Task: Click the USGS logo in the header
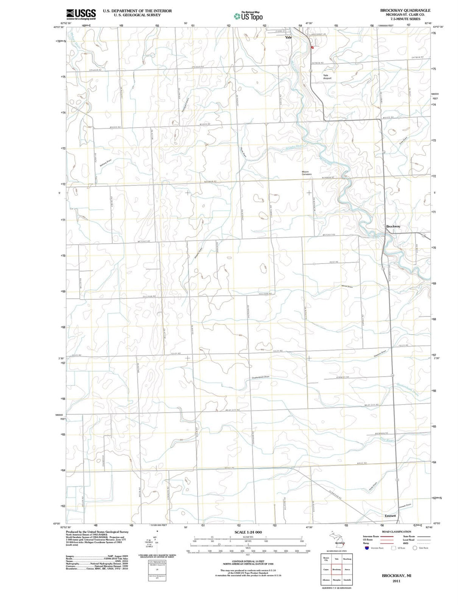point(81,14)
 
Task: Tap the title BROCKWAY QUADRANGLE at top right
point(405,10)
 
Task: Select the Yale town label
point(288,37)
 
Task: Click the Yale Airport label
point(327,77)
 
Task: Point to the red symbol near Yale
point(313,48)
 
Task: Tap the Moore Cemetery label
point(307,173)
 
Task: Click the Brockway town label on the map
point(393,226)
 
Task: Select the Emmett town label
point(390,516)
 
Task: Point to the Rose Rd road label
point(334,262)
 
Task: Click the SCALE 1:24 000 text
point(248,532)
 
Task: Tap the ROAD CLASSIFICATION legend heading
point(396,532)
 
